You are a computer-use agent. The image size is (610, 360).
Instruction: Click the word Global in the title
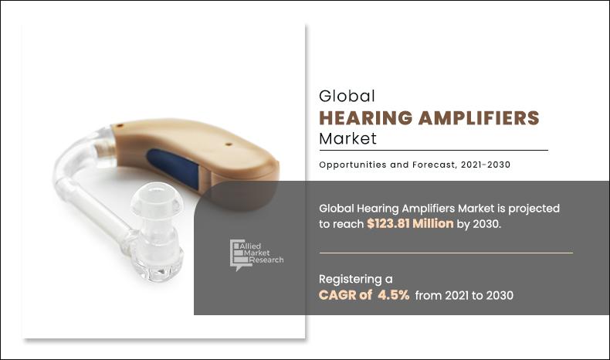347,97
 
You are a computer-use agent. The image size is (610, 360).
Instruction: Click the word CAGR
337,295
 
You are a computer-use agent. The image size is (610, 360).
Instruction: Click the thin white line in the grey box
446,253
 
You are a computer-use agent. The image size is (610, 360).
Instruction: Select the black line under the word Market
433,150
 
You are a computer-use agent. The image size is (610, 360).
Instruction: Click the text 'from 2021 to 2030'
464,295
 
